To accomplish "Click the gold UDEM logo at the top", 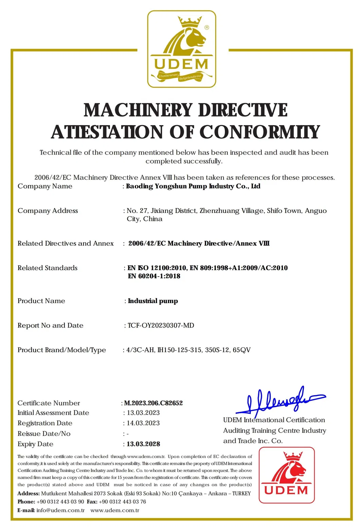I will [x=181, y=50].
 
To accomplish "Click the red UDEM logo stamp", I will [x=287, y=475].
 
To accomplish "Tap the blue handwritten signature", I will [x=282, y=401].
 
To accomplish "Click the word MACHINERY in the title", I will [x=138, y=110].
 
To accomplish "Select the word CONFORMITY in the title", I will [x=259, y=132].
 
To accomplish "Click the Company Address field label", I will [x=48, y=211].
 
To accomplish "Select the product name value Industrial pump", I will [x=152, y=301].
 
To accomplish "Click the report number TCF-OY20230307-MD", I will [x=161, y=326].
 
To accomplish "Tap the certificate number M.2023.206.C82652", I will [x=153, y=403].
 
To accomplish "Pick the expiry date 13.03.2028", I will [x=143, y=444].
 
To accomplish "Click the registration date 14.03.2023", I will [x=143, y=423].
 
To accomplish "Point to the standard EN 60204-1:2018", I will [x=154, y=276].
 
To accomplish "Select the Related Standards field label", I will [x=47, y=268].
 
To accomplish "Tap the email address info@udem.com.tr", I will [x=60, y=510].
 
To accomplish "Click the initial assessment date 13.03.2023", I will [x=143, y=413].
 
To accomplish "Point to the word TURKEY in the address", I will [x=241, y=494].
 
